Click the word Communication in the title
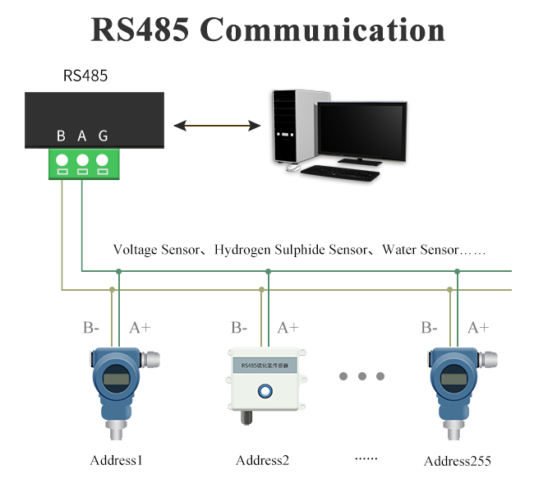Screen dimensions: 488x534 [x=322, y=30]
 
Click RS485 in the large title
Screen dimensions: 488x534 [x=140, y=30]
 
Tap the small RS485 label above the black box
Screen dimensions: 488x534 [x=85, y=76]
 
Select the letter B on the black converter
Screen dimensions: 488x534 [x=62, y=136]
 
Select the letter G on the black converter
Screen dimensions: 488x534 [x=103, y=136]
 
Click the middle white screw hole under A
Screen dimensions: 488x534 [x=82, y=159]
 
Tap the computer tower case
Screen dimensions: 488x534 [x=293, y=127]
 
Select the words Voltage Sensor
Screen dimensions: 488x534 [x=156, y=249]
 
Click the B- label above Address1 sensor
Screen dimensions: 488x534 [x=91, y=328]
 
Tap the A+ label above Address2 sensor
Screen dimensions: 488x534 [x=288, y=328]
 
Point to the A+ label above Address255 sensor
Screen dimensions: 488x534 [x=478, y=328]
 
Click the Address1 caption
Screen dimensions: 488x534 [x=116, y=460]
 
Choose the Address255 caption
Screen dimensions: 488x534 [x=457, y=461]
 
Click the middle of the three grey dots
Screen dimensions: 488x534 [x=361, y=376]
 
